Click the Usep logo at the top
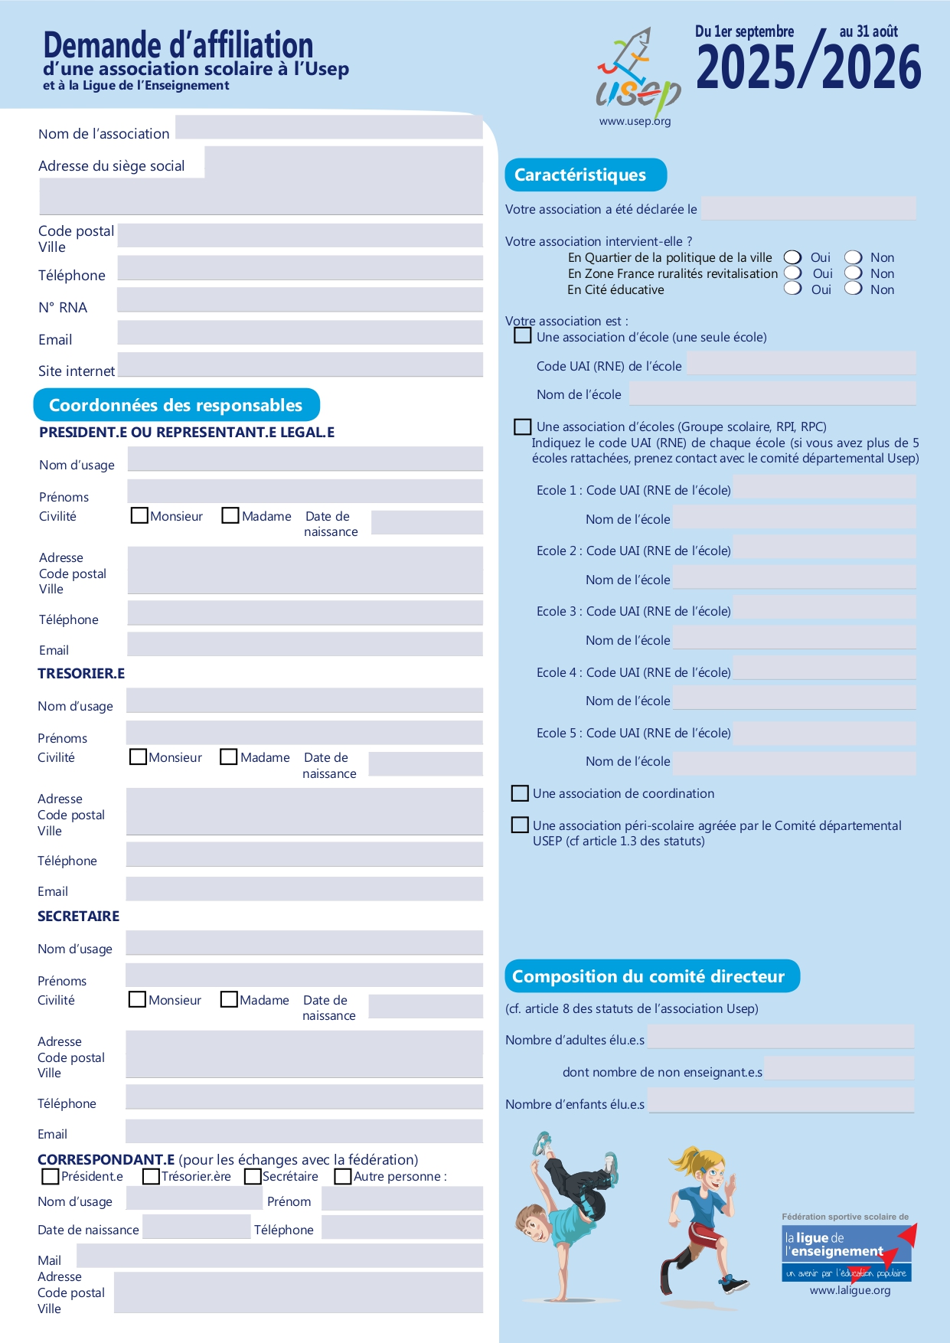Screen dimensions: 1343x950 (638, 74)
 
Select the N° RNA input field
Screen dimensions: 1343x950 (300, 299)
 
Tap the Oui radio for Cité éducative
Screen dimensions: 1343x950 (793, 289)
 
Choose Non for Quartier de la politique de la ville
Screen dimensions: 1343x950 (854, 257)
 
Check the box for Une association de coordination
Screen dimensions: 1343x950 (520, 793)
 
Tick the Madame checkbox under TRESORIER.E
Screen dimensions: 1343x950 (228, 756)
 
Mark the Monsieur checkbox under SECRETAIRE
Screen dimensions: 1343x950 (137, 999)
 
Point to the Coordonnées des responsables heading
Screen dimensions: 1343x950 (176, 405)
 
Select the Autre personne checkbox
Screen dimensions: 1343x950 (343, 1176)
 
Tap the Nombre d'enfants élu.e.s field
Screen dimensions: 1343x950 (781, 1100)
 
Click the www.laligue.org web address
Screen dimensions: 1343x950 (850, 1290)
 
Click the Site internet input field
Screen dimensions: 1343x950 (300, 364)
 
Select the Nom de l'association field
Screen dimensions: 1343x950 (329, 126)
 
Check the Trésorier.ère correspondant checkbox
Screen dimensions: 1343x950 (151, 1176)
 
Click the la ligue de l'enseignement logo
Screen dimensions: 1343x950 (847, 1252)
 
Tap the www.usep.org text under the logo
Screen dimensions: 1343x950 (635, 121)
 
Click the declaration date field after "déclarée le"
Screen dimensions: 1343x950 (808, 207)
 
